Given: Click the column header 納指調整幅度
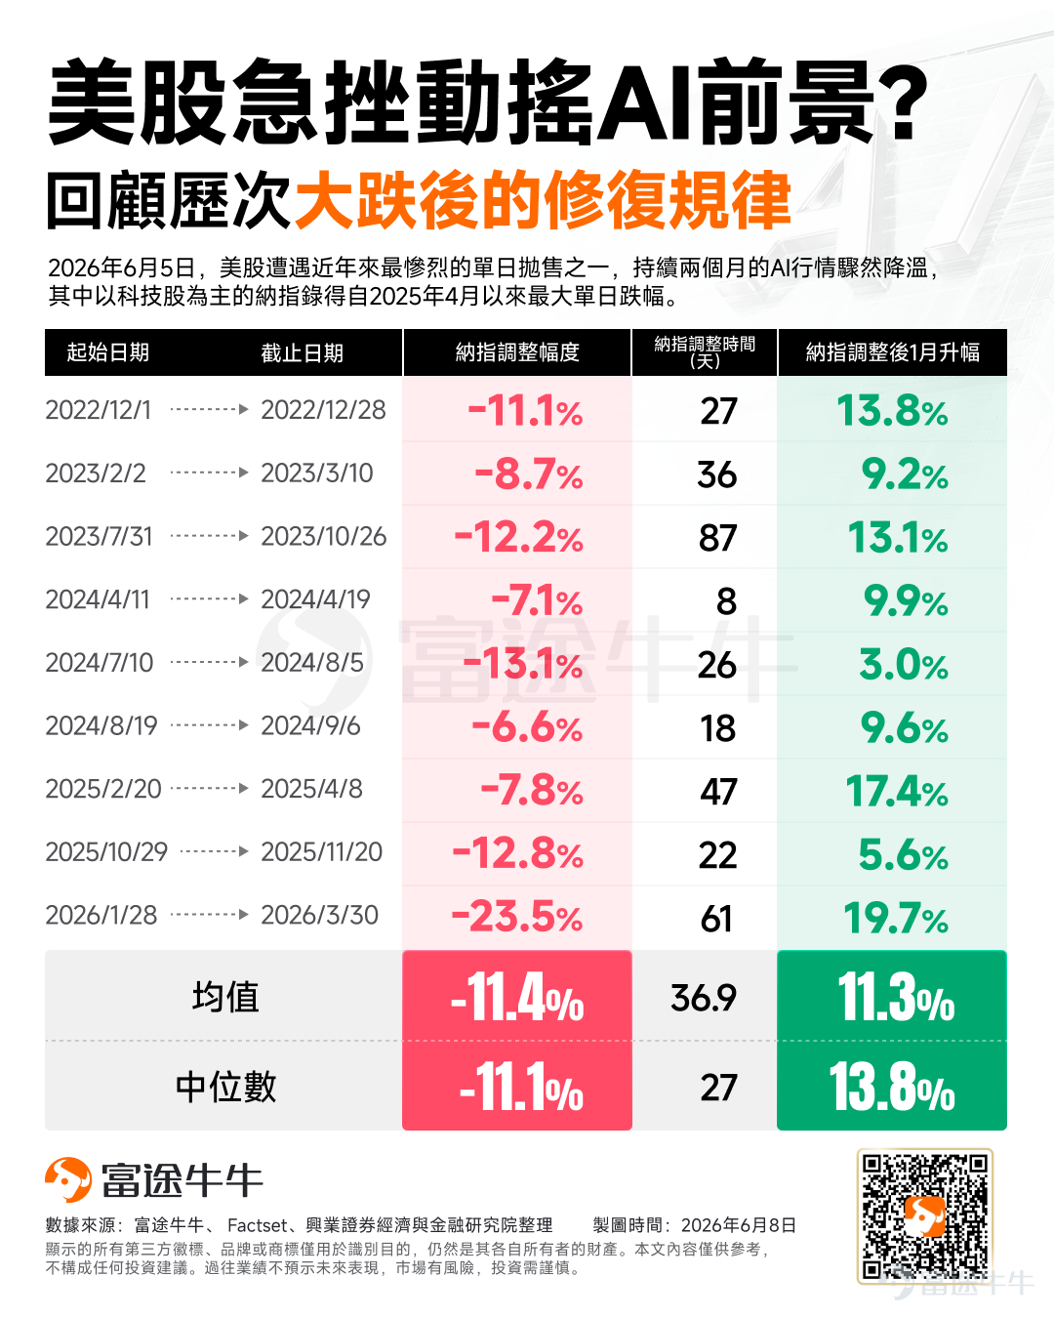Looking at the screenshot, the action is point(517,352).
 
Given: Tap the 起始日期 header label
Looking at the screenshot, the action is point(107,352).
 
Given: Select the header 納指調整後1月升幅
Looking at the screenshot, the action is point(892,352).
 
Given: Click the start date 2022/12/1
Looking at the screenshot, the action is point(98,410).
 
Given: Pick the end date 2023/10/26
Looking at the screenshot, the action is point(324,537).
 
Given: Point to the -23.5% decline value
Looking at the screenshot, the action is point(517,916).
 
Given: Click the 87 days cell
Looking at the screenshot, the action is point(717,538).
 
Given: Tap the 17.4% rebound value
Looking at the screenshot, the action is point(897,791).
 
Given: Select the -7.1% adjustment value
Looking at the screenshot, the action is point(537,600).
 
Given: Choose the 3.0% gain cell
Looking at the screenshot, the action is point(904,665).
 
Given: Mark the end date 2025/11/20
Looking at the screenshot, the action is point(321,852).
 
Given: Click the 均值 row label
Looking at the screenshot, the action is point(225,997).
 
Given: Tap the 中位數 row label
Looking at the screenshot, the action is point(225,1087).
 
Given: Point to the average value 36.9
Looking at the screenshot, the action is point(703,997).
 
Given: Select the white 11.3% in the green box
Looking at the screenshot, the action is point(895,998).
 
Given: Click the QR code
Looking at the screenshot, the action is point(925,1216).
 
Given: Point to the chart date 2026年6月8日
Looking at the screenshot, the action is point(739,1225).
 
